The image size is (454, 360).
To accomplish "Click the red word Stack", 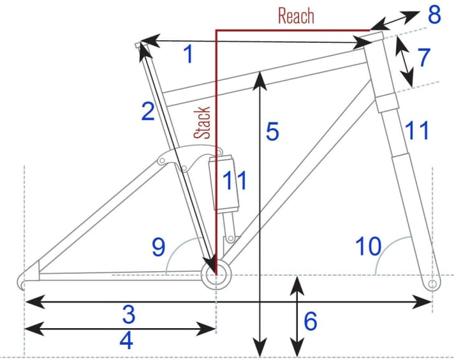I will pyautogui.click(x=203, y=123).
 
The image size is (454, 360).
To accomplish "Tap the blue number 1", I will pyautogui.click(x=187, y=56).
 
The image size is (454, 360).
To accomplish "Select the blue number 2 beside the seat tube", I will pyautogui.click(x=147, y=112).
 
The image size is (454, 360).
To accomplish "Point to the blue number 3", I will pyautogui.click(x=129, y=314).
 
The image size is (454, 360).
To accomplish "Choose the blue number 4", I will pyautogui.click(x=126, y=341).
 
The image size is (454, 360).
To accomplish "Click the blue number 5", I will pyautogui.click(x=272, y=133).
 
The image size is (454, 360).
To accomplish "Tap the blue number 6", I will pyautogui.click(x=310, y=321).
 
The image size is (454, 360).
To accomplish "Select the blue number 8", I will pyautogui.click(x=434, y=15).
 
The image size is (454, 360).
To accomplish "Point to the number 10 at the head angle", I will pyautogui.click(x=368, y=246).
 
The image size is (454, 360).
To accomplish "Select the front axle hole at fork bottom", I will pyautogui.click(x=432, y=282).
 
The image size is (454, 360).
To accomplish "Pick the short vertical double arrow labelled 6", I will pyautogui.click(x=296, y=317).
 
